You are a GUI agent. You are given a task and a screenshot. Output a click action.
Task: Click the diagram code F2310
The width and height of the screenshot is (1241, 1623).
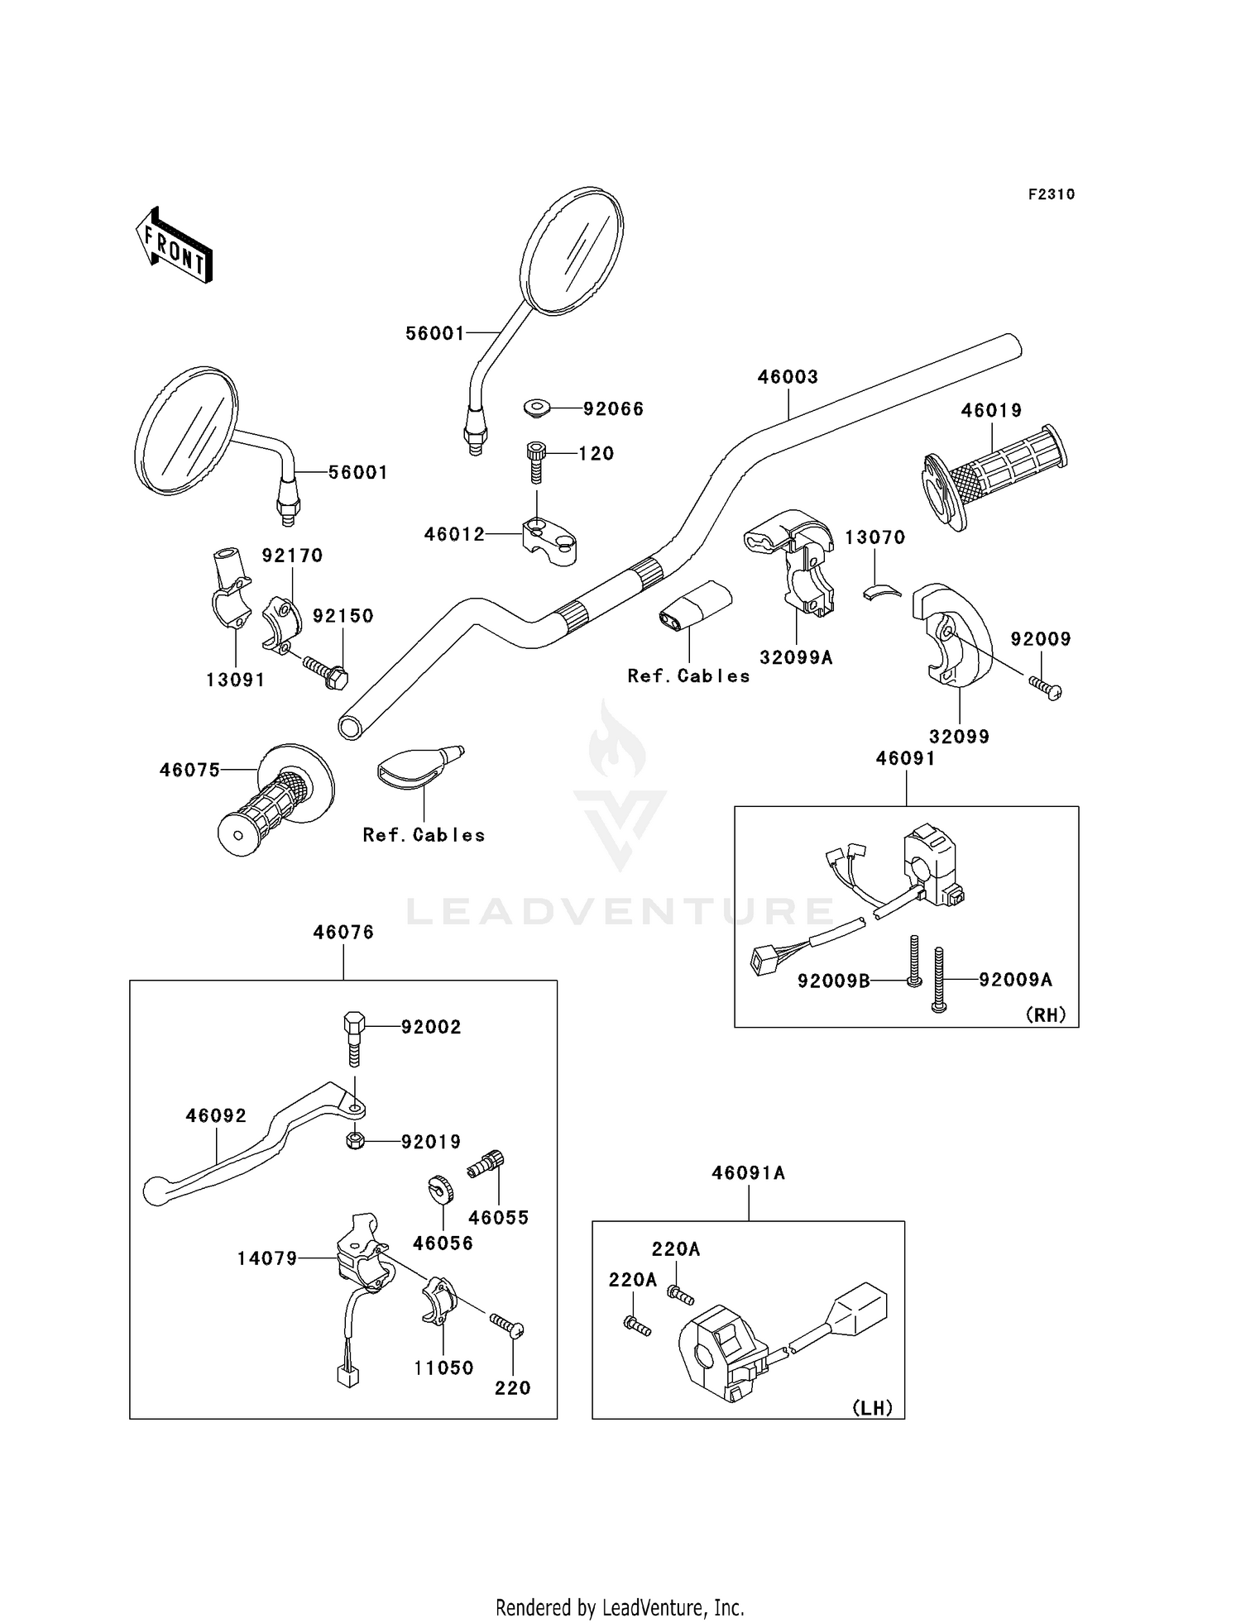tap(1052, 194)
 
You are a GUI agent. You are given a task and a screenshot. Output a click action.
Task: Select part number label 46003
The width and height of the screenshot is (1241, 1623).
tap(788, 377)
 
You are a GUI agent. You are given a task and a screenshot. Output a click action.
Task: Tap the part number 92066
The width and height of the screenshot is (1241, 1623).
tap(613, 408)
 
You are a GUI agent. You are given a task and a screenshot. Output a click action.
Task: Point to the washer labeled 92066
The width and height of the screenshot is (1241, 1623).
tap(538, 408)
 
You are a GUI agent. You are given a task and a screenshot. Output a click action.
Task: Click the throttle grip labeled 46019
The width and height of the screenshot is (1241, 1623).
tap(995, 477)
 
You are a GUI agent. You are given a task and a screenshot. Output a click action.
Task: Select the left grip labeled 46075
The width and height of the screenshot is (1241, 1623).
tap(275, 800)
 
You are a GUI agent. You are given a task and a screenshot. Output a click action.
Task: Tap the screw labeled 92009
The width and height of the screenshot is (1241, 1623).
tap(1045, 687)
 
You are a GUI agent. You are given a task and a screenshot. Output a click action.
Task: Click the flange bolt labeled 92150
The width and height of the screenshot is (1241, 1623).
tap(325, 671)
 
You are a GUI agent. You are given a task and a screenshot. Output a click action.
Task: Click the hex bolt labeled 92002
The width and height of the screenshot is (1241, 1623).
tap(354, 1038)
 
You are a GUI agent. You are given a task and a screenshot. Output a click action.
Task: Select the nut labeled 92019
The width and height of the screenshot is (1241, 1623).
tap(356, 1142)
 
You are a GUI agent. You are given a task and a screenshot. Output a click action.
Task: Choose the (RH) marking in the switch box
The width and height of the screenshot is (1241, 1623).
tap(1046, 1014)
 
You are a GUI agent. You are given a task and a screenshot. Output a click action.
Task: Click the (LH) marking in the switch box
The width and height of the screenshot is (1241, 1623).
tap(873, 1408)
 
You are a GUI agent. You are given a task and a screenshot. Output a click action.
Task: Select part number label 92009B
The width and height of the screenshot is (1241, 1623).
tap(834, 980)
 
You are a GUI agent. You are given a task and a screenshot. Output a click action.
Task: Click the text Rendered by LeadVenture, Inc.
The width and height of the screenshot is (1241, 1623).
tap(620, 1607)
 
